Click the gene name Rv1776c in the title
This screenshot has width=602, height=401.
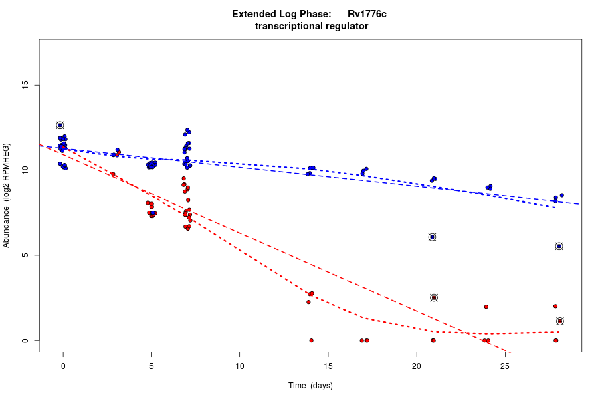[x=367, y=14]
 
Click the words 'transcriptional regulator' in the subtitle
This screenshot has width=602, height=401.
[x=312, y=27]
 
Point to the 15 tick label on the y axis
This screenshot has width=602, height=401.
[x=26, y=85]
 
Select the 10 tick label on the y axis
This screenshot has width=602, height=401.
[x=26, y=170]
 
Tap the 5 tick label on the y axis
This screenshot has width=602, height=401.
[x=26, y=255]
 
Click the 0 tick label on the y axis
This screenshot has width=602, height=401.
[x=26, y=340]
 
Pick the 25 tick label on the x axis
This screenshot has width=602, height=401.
[x=505, y=366]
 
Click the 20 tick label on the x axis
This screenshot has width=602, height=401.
[x=417, y=366]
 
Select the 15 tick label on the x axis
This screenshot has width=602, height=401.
[x=328, y=366]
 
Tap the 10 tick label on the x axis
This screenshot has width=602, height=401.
[x=240, y=366]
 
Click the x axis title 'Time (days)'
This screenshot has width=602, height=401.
[x=310, y=386]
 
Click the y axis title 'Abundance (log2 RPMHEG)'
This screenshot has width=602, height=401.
[x=7, y=195]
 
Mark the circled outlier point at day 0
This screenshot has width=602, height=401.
[x=60, y=126]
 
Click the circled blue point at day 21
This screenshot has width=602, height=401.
[x=433, y=237]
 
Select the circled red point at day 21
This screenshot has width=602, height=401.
[x=434, y=297]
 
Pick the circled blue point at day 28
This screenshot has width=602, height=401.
[x=559, y=246]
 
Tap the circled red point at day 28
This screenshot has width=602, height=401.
[x=560, y=321]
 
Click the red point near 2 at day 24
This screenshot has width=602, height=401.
[x=486, y=307]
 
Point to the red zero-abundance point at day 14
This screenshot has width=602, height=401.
[x=311, y=340]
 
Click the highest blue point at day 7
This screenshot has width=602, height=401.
[x=187, y=130]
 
